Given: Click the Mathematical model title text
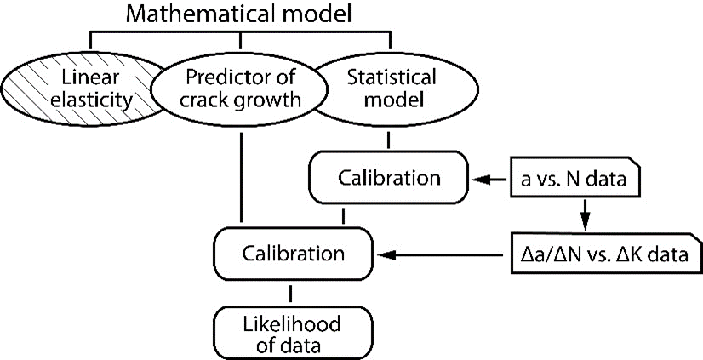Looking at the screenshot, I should pos(241,14).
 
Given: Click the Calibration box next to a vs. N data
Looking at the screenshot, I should pos(389,179).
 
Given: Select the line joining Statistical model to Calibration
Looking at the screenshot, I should pos(389,141).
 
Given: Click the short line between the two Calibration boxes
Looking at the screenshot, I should pos(343,216).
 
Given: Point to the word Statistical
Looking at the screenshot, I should pos(392,77).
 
